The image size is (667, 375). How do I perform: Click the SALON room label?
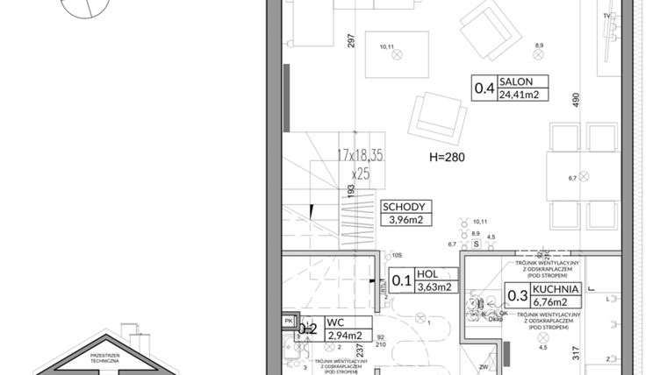click(x=516, y=81)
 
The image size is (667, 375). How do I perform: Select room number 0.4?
click(x=484, y=88)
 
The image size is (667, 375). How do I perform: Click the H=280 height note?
click(x=445, y=159)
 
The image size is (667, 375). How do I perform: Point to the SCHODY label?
click(x=403, y=207)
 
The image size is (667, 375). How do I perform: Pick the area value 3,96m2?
click(x=403, y=220)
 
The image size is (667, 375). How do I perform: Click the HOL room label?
click(x=427, y=273)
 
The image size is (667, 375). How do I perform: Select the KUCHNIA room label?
click(x=555, y=287)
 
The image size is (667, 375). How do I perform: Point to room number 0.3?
click(x=517, y=294)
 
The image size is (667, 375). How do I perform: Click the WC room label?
click(x=333, y=322)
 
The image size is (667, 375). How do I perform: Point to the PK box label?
click(x=289, y=322)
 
